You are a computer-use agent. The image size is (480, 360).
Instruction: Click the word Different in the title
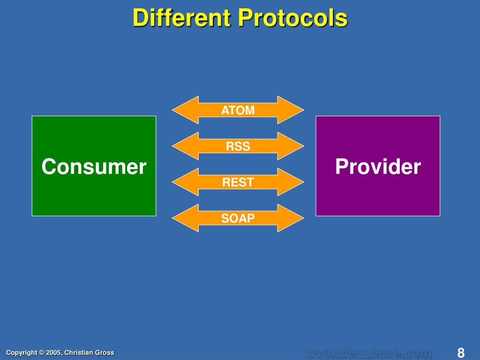tap(182, 18)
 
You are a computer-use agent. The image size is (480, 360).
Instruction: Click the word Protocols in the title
tap(293, 18)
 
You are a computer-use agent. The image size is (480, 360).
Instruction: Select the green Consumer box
tap(94, 166)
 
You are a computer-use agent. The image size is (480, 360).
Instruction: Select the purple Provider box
tap(378, 166)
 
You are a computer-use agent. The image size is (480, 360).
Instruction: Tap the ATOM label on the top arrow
tap(238, 110)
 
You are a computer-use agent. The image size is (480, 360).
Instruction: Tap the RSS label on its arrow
tap(238, 146)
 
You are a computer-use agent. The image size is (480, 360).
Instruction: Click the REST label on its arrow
tap(238, 182)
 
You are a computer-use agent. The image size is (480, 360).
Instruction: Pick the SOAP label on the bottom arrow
tap(238, 218)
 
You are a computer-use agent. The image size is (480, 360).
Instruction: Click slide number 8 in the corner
tap(461, 352)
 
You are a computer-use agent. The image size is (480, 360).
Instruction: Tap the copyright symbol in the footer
tap(41, 352)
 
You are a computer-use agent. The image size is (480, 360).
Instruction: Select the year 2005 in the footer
tap(53, 352)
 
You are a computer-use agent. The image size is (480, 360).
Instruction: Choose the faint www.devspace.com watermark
tap(368, 352)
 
